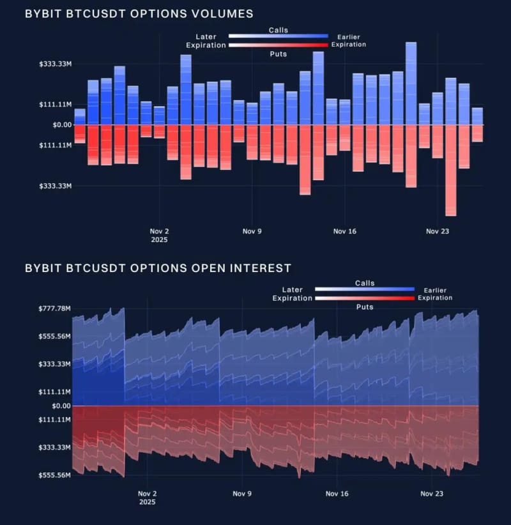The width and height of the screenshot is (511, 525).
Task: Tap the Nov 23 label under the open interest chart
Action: [x=431, y=494]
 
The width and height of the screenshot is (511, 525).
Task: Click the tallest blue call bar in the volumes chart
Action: [x=411, y=83]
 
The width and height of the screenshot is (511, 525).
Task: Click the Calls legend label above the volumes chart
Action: [x=278, y=30]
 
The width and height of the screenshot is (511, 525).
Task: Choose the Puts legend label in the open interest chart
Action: [x=365, y=307]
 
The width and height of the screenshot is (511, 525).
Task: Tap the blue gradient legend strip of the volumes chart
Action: [x=278, y=36]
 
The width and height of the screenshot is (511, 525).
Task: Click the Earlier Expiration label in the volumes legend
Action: [x=348, y=41]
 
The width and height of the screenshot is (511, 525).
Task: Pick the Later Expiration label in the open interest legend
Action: [x=293, y=294]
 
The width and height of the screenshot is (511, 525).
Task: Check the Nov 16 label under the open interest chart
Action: [x=337, y=494]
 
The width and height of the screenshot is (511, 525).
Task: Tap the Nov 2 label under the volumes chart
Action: [x=159, y=231]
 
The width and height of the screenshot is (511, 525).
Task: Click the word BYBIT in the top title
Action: [x=43, y=13]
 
